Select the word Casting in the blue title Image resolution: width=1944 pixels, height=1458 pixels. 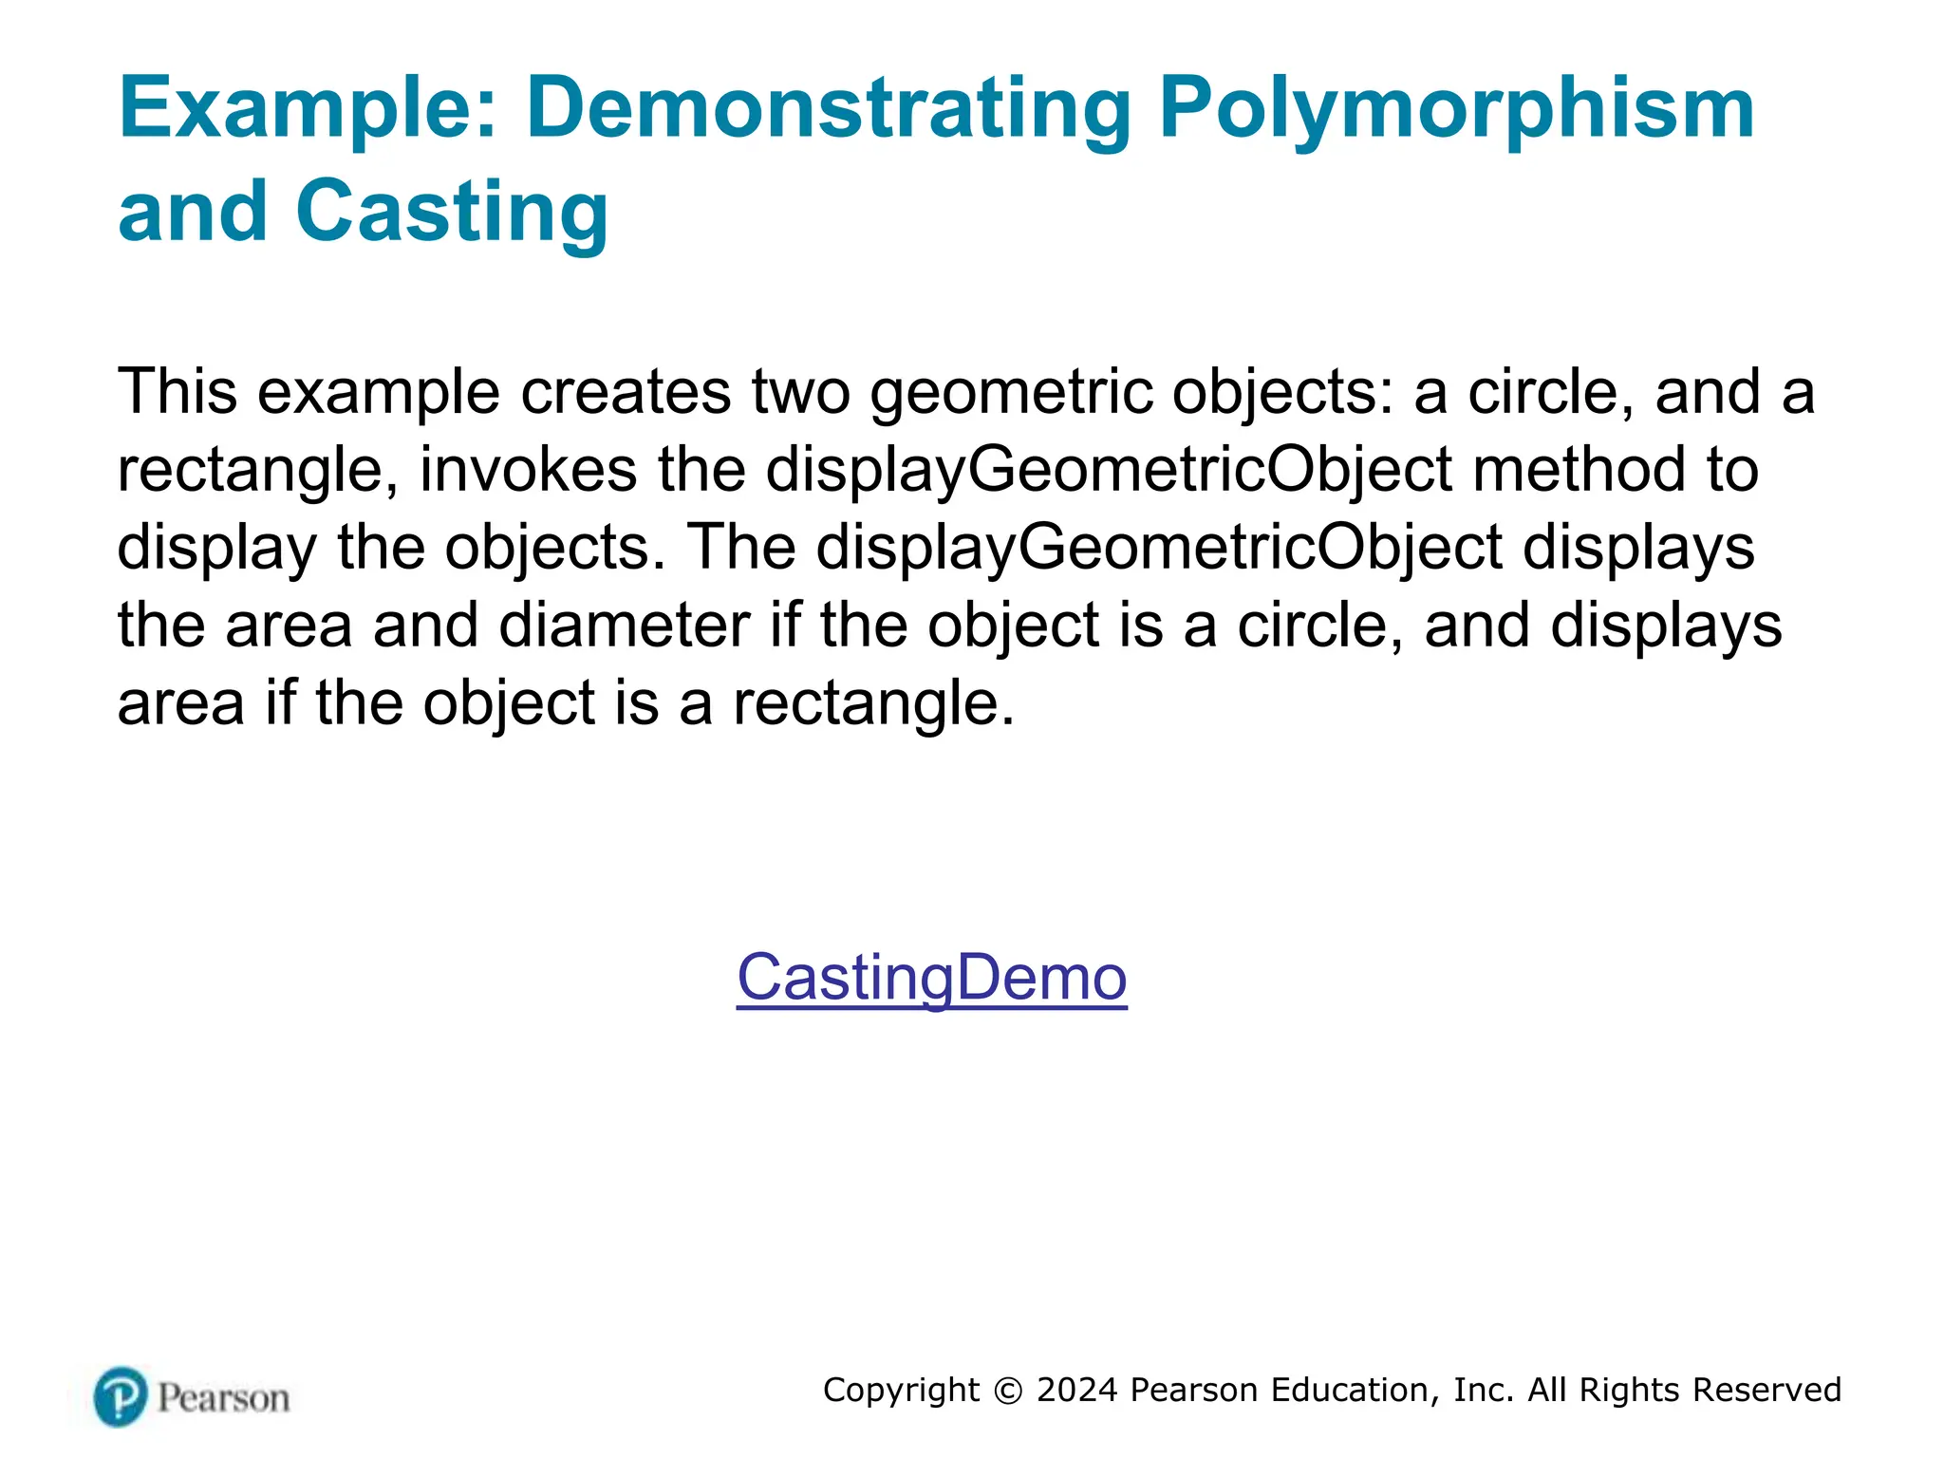coord(452,213)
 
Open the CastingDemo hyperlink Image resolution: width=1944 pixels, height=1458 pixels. coord(931,978)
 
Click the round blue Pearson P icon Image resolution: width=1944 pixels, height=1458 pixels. coord(121,1396)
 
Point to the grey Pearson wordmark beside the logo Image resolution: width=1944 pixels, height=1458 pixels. coord(223,1398)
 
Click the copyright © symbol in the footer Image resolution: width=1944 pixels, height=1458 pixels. coord(1008,1391)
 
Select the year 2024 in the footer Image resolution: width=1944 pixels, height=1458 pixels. coord(1077,1391)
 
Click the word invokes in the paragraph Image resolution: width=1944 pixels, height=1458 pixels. coord(528,470)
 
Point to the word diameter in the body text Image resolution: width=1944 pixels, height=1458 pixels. coord(624,626)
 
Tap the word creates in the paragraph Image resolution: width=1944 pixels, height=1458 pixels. coord(626,392)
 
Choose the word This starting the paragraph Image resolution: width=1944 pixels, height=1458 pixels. coord(177,392)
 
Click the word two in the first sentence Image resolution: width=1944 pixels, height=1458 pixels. coord(800,392)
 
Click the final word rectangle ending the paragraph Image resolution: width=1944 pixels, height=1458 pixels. coord(866,703)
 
